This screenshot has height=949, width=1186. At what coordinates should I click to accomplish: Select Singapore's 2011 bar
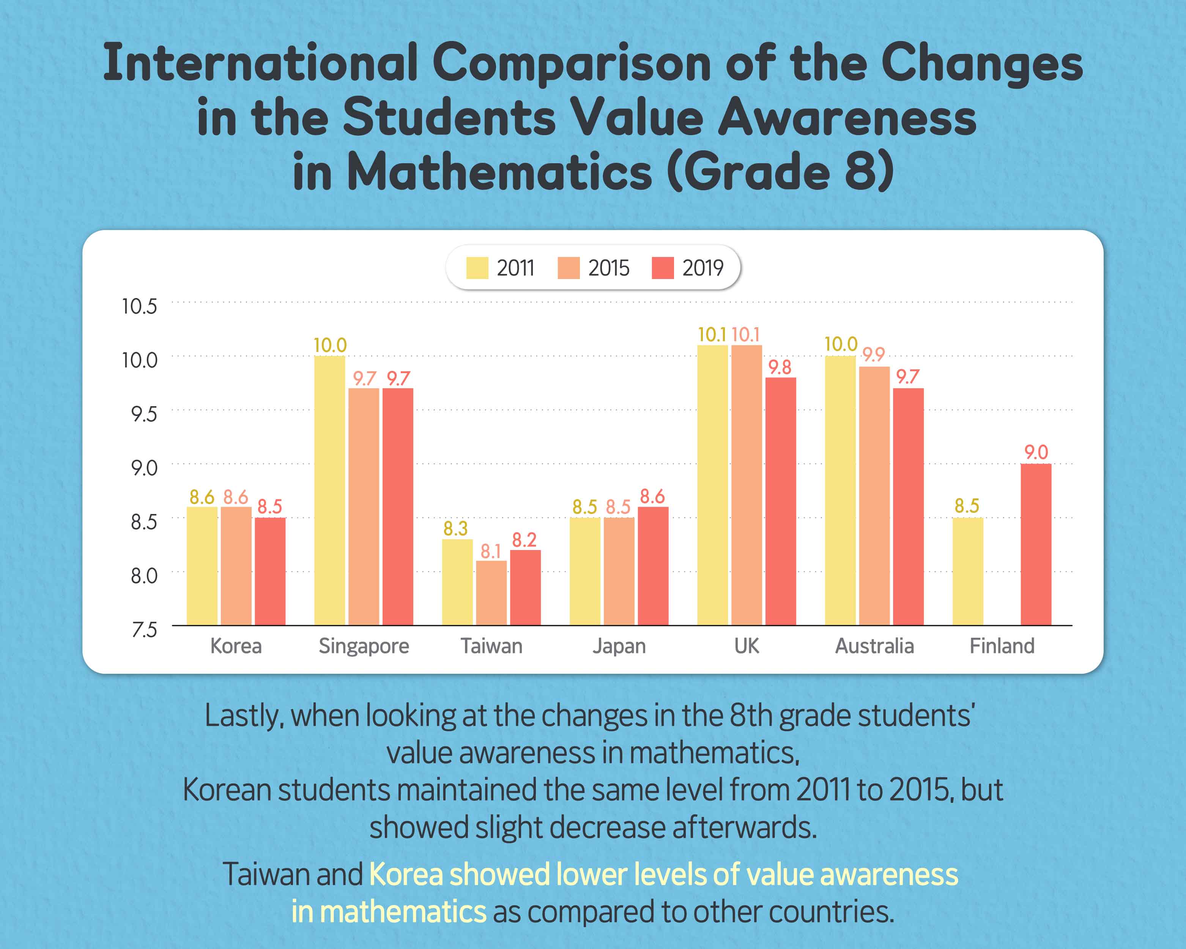point(329,490)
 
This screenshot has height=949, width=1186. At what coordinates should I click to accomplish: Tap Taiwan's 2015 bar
point(491,593)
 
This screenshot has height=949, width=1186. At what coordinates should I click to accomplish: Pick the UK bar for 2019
point(781,501)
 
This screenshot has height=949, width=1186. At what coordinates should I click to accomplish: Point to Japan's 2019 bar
point(653,566)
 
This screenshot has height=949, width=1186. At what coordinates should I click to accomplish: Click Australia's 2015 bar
point(874,496)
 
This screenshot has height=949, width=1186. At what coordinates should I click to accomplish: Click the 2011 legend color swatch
point(477,268)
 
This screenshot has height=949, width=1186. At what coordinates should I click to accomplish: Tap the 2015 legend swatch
point(568,268)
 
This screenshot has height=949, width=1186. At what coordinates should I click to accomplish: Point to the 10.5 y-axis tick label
point(140,306)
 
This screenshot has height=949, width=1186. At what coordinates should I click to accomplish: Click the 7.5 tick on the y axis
point(144,630)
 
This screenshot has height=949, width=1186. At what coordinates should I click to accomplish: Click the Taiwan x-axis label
point(491,646)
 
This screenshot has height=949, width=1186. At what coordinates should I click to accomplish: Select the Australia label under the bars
point(874,646)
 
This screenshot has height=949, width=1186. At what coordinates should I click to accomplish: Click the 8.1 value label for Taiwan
point(491,551)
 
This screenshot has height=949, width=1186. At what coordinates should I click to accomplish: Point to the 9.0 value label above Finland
point(1036,453)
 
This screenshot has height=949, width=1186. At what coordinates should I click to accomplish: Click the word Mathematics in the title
point(499,172)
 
